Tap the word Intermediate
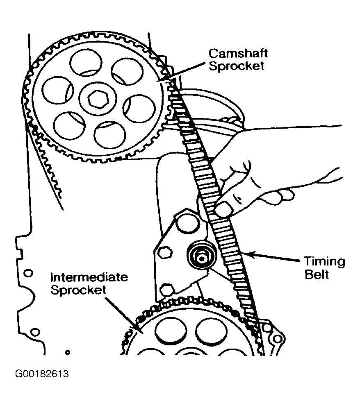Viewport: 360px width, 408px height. (x=89, y=277)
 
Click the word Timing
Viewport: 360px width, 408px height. (x=324, y=262)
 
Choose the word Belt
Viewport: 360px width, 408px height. (x=317, y=274)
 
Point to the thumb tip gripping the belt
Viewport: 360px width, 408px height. (x=223, y=210)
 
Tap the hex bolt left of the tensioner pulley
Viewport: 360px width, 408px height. (x=165, y=252)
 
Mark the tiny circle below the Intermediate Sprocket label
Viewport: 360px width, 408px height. (x=68, y=351)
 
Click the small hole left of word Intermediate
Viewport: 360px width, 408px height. (x=28, y=273)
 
